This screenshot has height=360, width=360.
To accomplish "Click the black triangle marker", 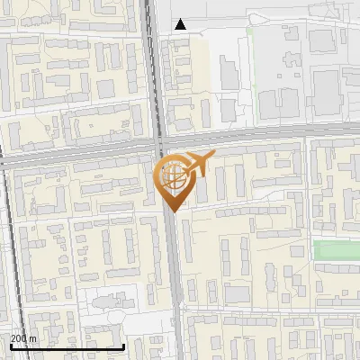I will click(180, 24).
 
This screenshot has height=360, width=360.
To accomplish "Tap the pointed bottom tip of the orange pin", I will click(172, 211).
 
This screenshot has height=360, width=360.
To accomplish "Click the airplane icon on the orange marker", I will click(198, 164).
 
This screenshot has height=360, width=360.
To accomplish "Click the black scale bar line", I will click(67, 346).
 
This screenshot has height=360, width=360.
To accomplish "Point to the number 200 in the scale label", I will click(20, 339).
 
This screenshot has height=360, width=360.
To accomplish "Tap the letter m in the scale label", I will click(33, 339).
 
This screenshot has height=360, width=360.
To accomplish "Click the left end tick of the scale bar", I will click(10, 346).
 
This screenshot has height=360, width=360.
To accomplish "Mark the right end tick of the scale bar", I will click(123, 346).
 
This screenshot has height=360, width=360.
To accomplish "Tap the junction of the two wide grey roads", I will click(161, 146).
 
